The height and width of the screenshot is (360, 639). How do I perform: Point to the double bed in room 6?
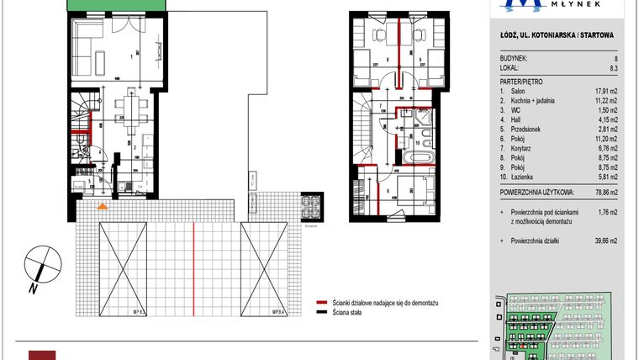407,193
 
